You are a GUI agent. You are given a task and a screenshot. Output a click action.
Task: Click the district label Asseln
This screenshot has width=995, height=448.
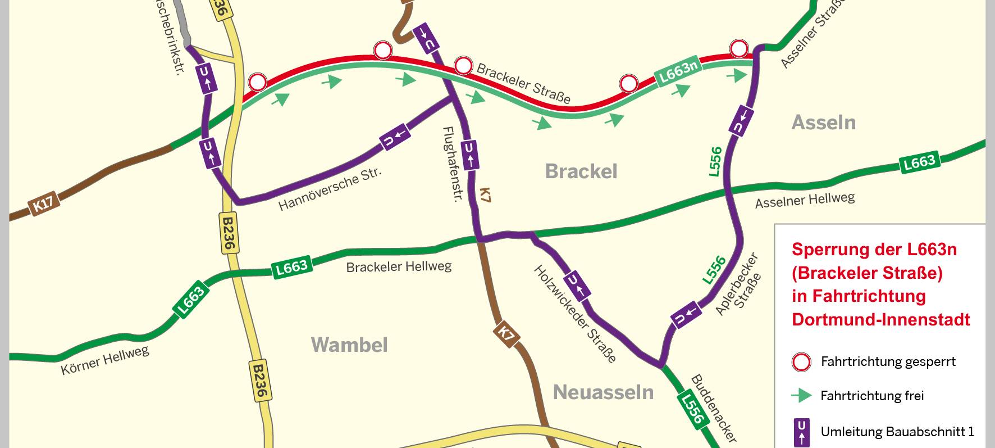[823, 123]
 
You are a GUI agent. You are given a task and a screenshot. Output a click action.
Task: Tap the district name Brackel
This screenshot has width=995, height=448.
[581, 171]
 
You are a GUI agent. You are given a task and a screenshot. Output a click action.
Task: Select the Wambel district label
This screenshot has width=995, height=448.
[349, 345]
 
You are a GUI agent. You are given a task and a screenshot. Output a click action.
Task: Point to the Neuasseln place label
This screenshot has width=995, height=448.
[603, 392]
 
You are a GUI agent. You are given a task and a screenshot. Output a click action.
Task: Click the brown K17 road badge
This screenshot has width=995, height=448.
[44, 203]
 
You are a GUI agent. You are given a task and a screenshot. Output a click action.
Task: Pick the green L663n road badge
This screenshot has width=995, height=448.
[678, 71]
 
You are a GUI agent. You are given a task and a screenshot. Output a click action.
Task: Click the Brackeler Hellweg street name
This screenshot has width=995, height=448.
[399, 266]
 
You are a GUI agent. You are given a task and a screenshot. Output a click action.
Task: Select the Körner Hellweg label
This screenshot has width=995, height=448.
[105, 360]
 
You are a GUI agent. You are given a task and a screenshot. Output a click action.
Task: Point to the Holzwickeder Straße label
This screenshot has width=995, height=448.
[574, 314]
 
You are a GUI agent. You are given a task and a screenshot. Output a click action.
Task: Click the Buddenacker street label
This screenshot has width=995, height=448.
[713, 408]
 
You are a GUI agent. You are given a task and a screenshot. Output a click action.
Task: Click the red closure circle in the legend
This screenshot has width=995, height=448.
[801, 362]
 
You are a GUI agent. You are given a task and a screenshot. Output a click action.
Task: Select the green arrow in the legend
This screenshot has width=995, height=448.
[801, 396]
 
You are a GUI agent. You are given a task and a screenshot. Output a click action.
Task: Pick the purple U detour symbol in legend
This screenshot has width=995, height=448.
[801, 432]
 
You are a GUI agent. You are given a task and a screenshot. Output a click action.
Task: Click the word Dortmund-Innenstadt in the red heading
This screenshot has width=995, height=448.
[880, 320]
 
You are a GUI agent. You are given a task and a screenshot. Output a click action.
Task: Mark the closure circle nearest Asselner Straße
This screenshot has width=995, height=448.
[739, 49]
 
